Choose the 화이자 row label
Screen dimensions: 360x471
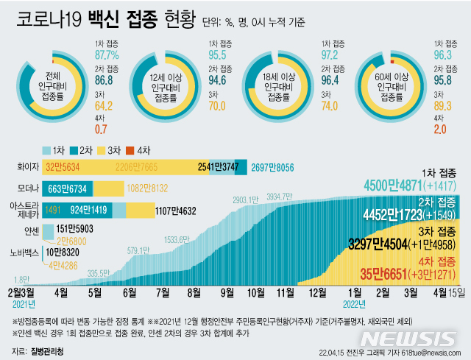[x=26, y=167]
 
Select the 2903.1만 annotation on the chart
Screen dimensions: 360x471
[x=244, y=200]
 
